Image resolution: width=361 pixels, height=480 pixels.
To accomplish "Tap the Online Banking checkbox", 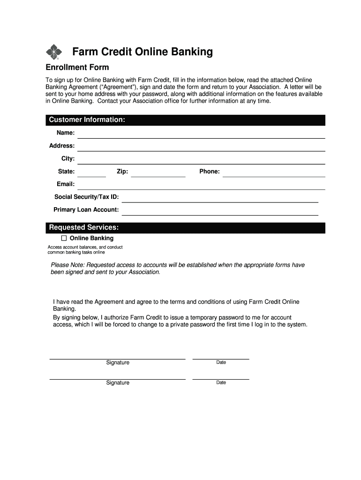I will pyautogui.click(x=64, y=238).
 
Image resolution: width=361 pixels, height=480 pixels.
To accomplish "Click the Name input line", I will pyautogui.click(x=201, y=135).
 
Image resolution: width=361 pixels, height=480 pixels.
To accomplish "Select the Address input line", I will pyautogui.click(x=201, y=147).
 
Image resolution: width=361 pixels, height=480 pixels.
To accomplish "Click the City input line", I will pyautogui.click(x=201, y=160).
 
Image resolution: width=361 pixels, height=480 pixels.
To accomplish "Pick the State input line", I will pyautogui.click(x=91, y=173).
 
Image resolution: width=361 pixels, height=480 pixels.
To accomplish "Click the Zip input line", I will pyautogui.click(x=158, y=173).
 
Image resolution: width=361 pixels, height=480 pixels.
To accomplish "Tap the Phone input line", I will pyautogui.click(x=274, y=173).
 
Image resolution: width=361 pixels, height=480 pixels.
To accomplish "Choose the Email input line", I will pyautogui.click(x=201, y=186).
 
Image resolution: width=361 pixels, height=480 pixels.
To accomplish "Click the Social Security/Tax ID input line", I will pyautogui.click(x=220, y=198).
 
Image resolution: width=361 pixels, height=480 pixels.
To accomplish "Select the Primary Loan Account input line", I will pyautogui.click(x=220, y=211).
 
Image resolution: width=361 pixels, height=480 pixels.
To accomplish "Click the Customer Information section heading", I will pyautogui.click(x=87, y=120).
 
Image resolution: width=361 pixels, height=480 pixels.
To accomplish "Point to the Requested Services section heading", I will pyautogui.click(x=84, y=228).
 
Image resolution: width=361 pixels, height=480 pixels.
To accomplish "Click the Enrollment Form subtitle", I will pyautogui.click(x=77, y=67).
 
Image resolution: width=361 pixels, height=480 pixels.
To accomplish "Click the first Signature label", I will pyautogui.click(x=118, y=363).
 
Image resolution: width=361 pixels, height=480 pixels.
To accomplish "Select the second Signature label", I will pyautogui.click(x=118, y=383).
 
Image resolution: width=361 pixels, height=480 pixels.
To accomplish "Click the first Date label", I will pyautogui.click(x=221, y=362).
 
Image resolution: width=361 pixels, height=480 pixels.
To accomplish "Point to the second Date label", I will pyautogui.click(x=221, y=382).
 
